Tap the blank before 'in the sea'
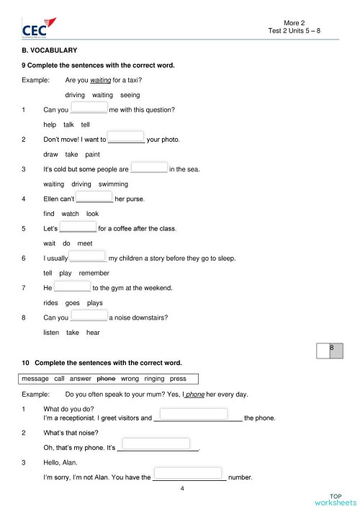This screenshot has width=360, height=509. pos(149,168)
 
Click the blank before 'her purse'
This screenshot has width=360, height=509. pos(94,198)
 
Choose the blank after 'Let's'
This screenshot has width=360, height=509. pos(78,228)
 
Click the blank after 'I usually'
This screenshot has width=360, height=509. pos(88,257)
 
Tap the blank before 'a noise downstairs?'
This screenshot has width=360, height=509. pos(89,315)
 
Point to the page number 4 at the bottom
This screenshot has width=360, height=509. pos(182,489)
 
